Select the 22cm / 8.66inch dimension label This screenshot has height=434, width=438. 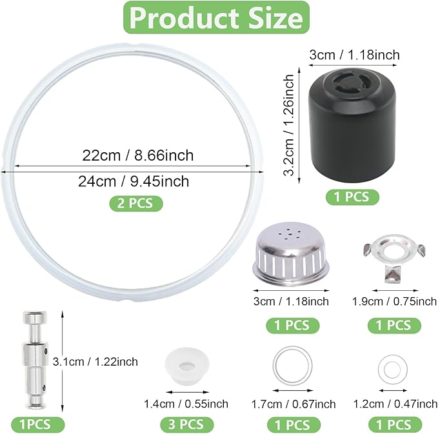(x=137, y=156)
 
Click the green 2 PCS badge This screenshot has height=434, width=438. (x=135, y=203)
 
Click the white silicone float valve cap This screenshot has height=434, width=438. (x=184, y=364)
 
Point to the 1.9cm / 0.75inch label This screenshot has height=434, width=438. (x=394, y=301)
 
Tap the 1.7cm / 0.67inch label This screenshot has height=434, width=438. (x=293, y=404)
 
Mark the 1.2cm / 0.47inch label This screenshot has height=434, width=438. (x=394, y=404)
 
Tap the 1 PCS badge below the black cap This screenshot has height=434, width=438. (x=352, y=197)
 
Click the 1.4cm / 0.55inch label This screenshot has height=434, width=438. (x=185, y=404)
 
